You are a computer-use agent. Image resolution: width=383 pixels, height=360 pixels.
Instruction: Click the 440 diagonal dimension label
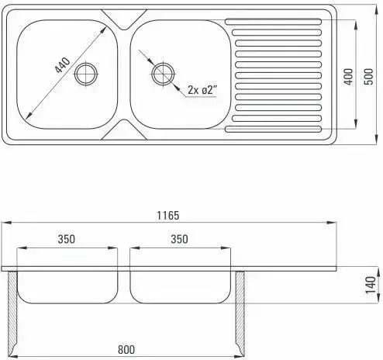[63, 65]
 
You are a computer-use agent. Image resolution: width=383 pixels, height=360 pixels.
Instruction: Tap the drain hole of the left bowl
[86, 74]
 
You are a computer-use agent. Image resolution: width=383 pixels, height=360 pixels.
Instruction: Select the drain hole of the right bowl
[163, 74]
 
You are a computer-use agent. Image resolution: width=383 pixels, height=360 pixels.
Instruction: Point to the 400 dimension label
[349, 77]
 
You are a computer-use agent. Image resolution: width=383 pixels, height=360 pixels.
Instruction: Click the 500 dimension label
[369, 77]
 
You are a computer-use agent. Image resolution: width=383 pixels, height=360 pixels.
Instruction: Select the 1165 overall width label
[168, 216]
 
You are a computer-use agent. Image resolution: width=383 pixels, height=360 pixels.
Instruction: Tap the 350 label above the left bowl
[67, 239]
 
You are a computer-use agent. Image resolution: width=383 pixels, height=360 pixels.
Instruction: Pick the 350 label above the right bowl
[179, 239]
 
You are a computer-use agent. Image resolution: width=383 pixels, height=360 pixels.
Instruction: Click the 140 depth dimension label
[371, 285]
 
